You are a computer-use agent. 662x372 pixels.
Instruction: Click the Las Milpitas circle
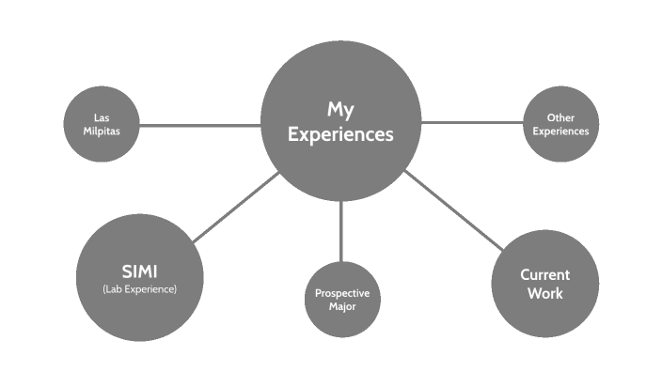(102, 125)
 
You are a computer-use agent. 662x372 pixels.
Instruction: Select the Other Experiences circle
(560, 124)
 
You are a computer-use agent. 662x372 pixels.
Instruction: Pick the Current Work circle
(544, 283)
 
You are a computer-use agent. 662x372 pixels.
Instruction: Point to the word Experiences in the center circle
(339, 134)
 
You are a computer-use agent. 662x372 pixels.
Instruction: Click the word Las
(102, 117)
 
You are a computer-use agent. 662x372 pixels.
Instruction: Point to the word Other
(560, 117)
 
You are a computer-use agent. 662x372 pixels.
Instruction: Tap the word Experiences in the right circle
(560, 131)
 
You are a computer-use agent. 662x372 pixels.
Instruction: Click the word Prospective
(341, 294)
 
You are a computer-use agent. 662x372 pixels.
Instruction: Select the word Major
(341, 307)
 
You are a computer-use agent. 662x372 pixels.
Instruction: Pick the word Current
(544, 274)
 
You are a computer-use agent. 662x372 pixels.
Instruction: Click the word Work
(544, 293)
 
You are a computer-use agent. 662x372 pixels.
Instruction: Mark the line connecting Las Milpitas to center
(199, 125)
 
